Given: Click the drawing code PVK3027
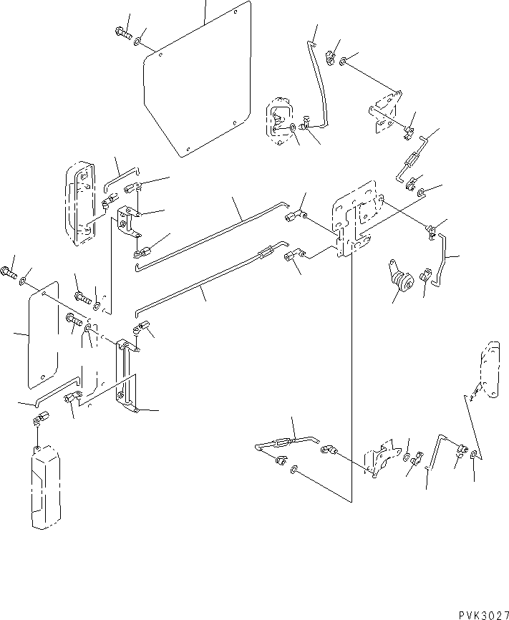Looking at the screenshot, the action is pos(483,614).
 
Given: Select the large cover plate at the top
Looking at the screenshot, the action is pos(198,79).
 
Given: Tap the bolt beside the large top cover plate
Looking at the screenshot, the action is pos(123,32).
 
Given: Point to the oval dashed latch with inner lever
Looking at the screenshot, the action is pos(280,120).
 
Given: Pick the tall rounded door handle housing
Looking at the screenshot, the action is pos(80,203).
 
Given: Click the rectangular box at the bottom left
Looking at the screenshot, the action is pos(46,487).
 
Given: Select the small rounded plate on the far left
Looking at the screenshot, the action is pos(43,335).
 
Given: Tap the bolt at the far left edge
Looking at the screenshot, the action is pos(9,272).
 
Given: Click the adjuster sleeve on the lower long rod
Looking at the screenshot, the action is pos(266,251).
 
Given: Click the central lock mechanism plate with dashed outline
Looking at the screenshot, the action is pos(353,218).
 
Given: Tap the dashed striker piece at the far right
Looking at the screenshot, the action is pos(490,369).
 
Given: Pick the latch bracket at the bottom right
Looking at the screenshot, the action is pos(380,457).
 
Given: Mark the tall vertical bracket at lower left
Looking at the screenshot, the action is pos(126,376).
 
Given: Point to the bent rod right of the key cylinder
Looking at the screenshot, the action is pos(442,260).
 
